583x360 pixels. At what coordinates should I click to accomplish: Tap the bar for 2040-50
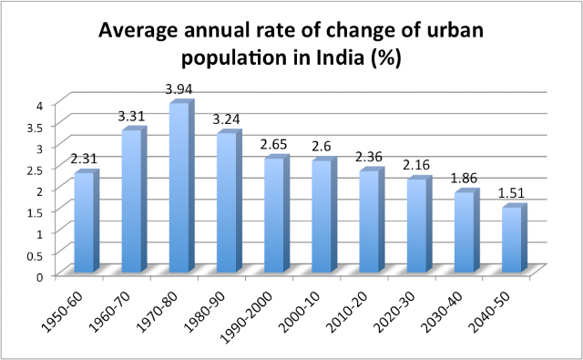click(x=514, y=238)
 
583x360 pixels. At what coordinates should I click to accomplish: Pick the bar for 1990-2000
click(x=277, y=214)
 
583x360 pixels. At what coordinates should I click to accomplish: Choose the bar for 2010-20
click(x=372, y=221)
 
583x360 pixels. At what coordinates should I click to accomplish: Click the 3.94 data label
click(x=179, y=89)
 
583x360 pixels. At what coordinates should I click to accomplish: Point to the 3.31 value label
click(x=131, y=117)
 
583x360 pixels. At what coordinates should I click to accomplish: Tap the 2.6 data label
click(x=322, y=147)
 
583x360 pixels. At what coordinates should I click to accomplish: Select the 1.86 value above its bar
click(x=464, y=178)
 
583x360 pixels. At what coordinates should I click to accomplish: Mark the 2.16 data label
click(x=416, y=165)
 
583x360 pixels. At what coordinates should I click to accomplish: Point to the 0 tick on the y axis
click(x=40, y=277)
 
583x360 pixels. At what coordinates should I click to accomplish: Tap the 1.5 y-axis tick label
click(x=36, y=212)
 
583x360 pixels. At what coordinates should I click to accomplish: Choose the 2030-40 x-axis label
click(x=443, y=311)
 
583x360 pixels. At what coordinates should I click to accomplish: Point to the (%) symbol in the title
click(x=386, y=58)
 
